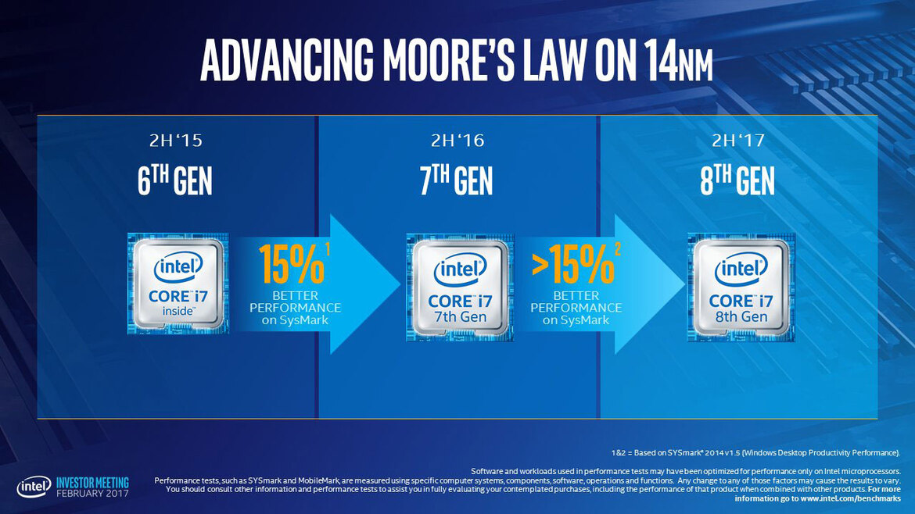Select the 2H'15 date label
click(174, 141)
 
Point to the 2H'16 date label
click(457, 141)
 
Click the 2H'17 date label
click(738, 141)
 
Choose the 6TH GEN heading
click(174, 182)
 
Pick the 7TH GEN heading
click(457, 182)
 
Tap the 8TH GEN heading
click(738, 182)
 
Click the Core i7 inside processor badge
click(177, 284)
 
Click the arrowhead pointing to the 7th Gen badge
click(368, 284)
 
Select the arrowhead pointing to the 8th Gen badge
click(649, 284)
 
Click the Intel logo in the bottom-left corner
click(34, 487)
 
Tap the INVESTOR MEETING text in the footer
click(92, 483)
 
